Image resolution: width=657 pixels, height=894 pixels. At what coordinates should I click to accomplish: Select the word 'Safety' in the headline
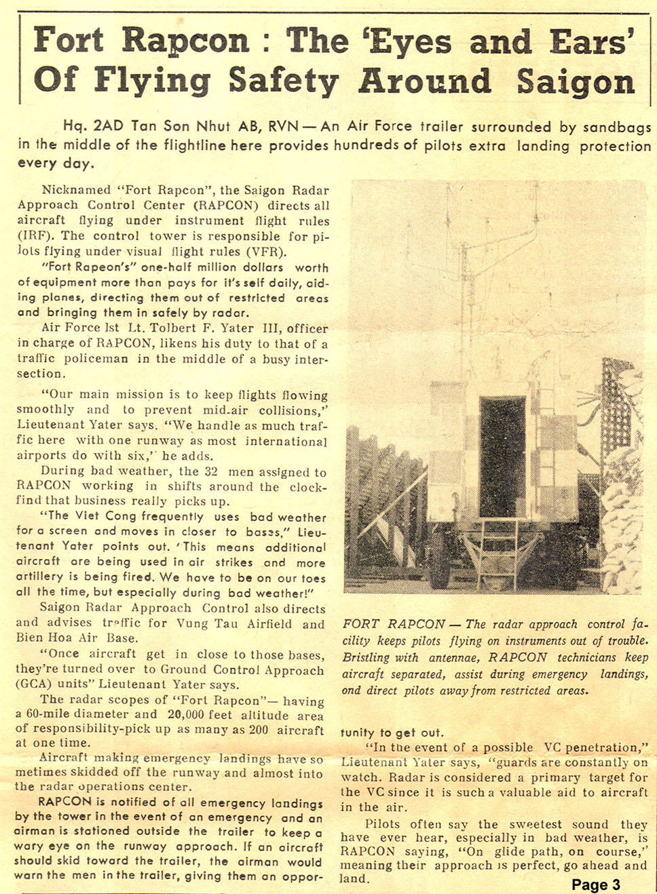[x=283, y=81]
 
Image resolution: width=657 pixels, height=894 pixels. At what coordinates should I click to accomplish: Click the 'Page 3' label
[x=595, y=885]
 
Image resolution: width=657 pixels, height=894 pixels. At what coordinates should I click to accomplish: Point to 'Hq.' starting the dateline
[x=74, y=126]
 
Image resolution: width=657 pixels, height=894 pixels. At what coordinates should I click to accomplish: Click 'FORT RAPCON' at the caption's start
[x=393, y=624]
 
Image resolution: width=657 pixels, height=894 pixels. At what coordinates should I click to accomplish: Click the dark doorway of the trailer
[x=502, y=457]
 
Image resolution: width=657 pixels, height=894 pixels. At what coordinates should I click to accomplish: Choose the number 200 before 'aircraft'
[x=259, y=730]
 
